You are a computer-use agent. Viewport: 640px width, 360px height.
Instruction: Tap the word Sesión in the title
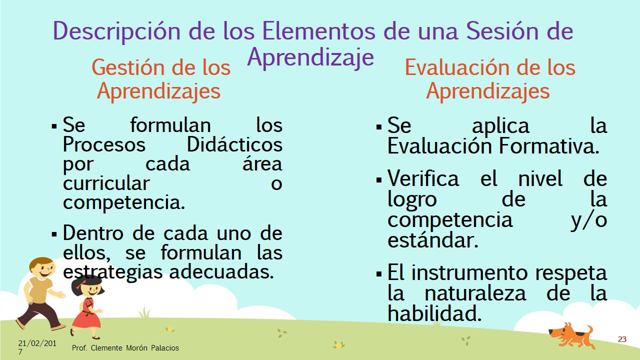click(502, 30)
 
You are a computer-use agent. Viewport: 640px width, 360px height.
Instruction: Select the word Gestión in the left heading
click(129, 67)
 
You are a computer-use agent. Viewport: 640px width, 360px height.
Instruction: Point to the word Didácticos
click(234, 144)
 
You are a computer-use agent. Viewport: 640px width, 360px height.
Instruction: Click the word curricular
click(106, 183)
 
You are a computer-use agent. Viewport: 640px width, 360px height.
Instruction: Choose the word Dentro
click(93, 233)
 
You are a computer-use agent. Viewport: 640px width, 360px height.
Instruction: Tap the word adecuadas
click(221, 271)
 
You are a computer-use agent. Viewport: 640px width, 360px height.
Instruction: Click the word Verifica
click(423, 178)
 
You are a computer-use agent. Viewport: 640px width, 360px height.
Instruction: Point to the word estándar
click(432, 239)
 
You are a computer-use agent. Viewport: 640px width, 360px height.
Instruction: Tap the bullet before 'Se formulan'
click(54, 126)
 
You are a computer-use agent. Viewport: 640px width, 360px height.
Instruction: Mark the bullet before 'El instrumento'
click(379, 274)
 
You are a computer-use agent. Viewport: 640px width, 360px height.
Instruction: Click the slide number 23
click(622, 339)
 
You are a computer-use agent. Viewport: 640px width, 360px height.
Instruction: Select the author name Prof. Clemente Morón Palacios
click(125, 347)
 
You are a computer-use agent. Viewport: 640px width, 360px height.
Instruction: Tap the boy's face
click(43, 270)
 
